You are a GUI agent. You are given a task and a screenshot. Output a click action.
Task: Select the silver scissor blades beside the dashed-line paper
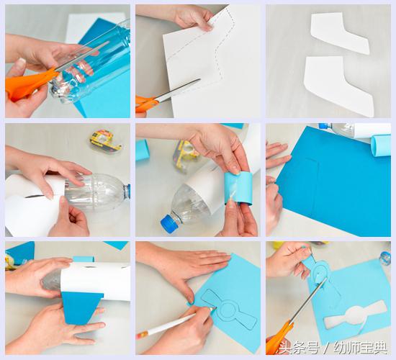[177, 90]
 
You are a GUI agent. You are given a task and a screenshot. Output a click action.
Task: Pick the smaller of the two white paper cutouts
[340, 33]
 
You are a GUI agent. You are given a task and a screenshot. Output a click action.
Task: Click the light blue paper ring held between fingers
[237, 188]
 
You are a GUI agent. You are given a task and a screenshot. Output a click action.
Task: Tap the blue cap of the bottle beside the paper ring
[169, 222]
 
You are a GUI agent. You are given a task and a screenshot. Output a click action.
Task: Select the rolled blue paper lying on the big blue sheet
[381, 145]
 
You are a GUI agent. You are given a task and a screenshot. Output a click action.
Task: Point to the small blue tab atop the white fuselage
[84, 259]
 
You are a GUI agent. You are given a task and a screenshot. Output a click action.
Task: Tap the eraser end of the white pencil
[142, 335]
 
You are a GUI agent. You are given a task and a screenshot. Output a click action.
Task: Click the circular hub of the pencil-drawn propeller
[228, 310]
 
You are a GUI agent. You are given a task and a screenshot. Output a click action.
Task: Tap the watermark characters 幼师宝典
[361, 348]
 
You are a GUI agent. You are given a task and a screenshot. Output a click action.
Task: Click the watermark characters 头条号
[300, 348]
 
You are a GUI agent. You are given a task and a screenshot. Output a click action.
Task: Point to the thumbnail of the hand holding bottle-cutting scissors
[68, 61]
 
